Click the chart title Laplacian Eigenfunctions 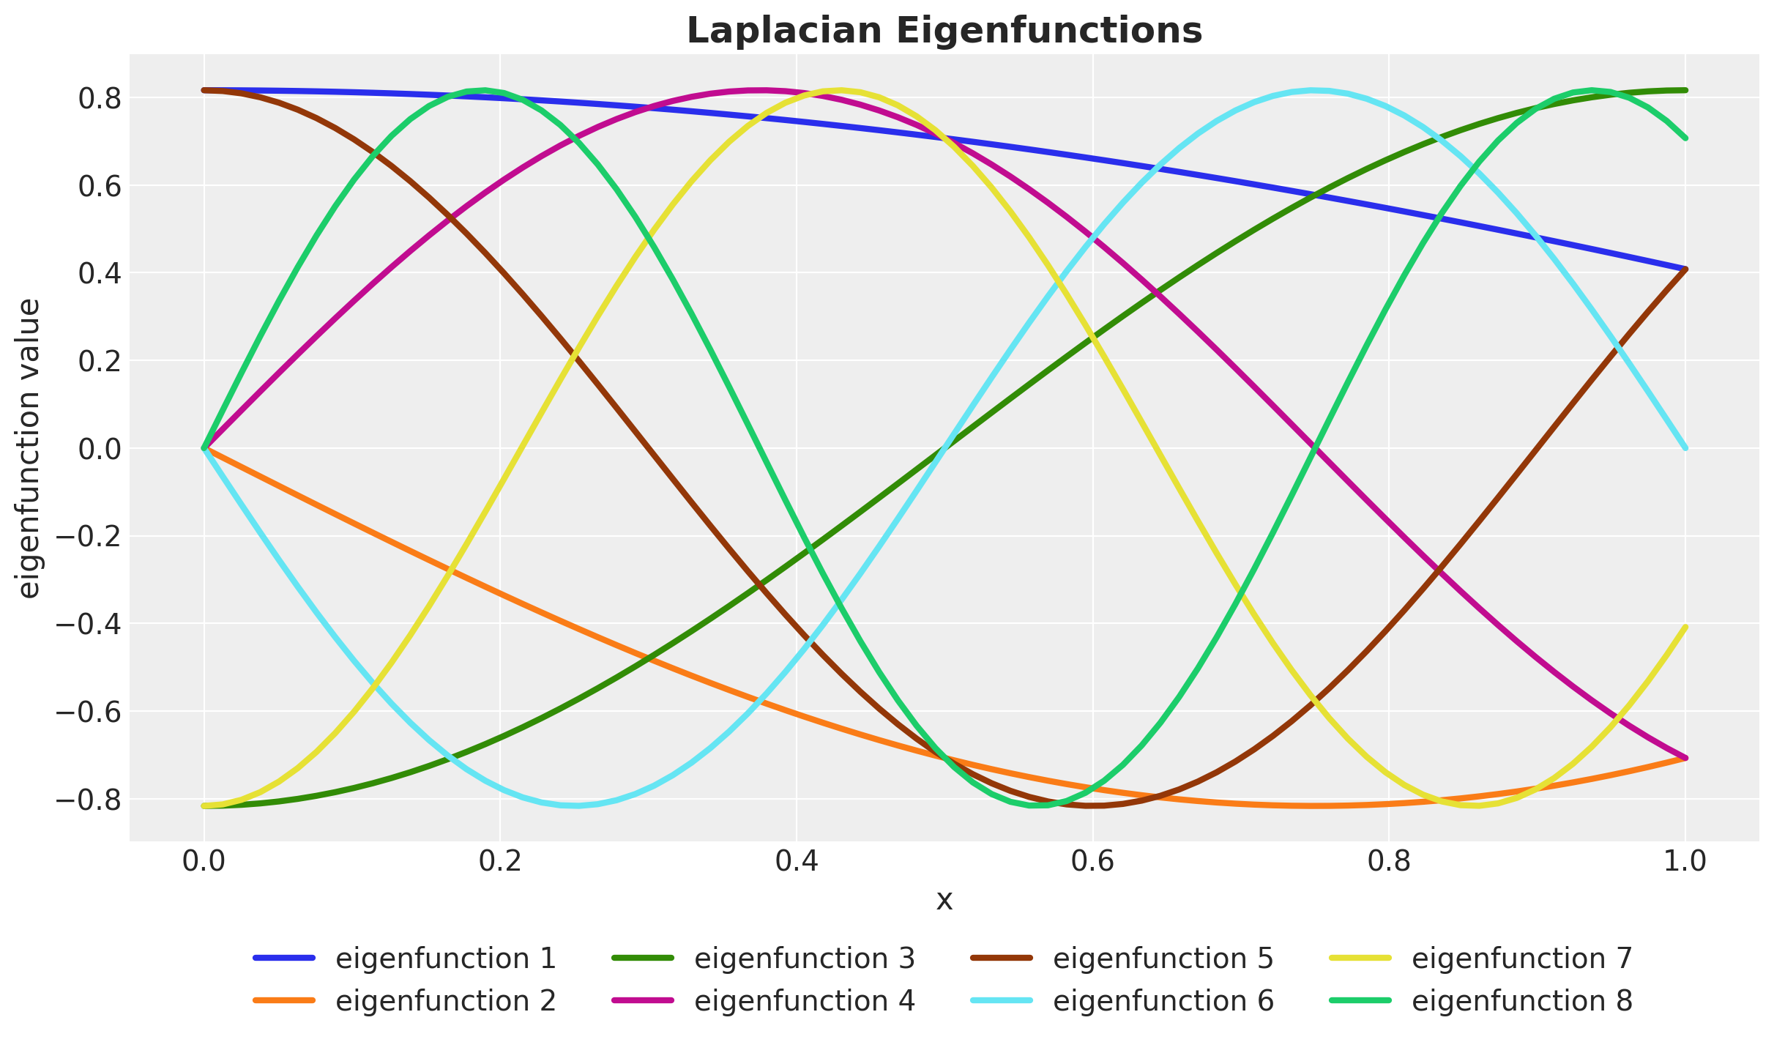tap(944, 31)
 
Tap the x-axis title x tap(944, 900)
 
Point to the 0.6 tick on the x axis tap(1092, 861)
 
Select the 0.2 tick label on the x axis tap(499, 861)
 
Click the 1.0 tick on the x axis tap(1685, 861)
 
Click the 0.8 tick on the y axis tap(100, 98)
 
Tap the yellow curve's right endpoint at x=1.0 tap(1685, 627)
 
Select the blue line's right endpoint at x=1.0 tap(1685, 269)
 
